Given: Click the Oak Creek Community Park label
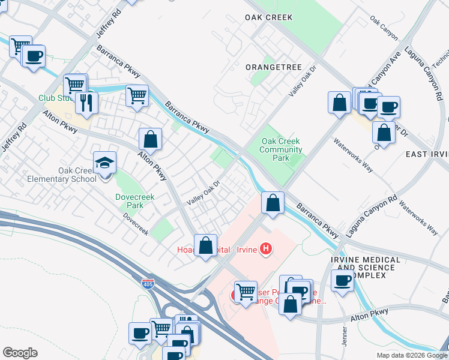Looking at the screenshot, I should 281,150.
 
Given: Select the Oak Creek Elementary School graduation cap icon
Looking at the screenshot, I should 104,163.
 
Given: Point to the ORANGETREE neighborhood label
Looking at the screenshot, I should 273,67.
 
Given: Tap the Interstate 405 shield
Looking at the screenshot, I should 147,281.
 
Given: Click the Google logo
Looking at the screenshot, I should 20,353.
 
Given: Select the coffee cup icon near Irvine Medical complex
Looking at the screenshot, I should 343,280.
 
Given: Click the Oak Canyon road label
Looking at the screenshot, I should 384,28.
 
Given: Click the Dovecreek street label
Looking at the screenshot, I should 136,224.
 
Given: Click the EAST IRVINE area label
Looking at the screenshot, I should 427,154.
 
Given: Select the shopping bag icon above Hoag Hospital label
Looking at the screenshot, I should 206,245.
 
